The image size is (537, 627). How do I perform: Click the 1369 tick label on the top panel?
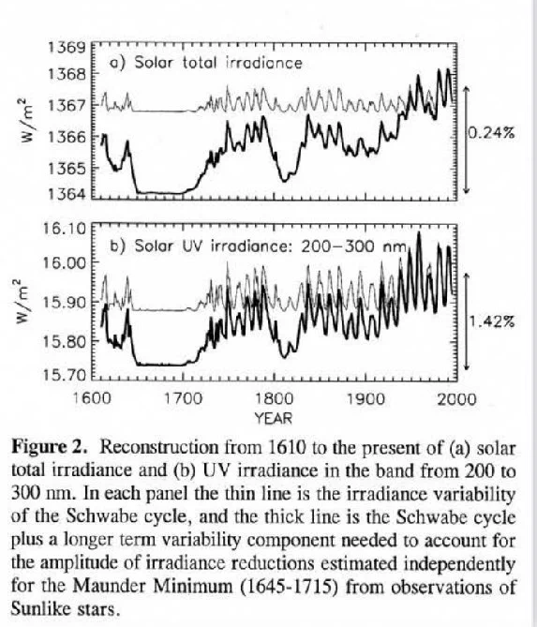pos(67,48)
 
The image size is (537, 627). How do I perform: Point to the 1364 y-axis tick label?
pos(67,194)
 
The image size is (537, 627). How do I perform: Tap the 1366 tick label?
pos(67,137)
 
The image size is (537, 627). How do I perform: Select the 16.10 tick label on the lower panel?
pos(65,229)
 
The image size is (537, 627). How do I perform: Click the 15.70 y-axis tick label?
pos(65,375)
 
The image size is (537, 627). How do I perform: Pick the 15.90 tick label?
pos(65,302)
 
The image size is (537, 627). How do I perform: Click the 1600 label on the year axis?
pos(93,399)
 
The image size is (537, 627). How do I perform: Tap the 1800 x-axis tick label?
pos(275,399)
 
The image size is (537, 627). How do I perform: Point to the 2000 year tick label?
pos(456,399)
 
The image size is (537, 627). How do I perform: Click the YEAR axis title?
pos(274,419)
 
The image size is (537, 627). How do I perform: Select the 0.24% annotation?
pos(491,132)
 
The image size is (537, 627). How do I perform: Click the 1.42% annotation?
pos(491,321)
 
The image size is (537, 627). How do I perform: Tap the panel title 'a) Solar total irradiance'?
pos(206,63)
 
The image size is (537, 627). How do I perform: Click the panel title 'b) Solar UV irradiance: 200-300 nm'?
pos(259,246)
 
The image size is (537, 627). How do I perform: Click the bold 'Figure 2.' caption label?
pos(49,447)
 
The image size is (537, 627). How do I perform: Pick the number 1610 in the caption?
pos(286,447)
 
